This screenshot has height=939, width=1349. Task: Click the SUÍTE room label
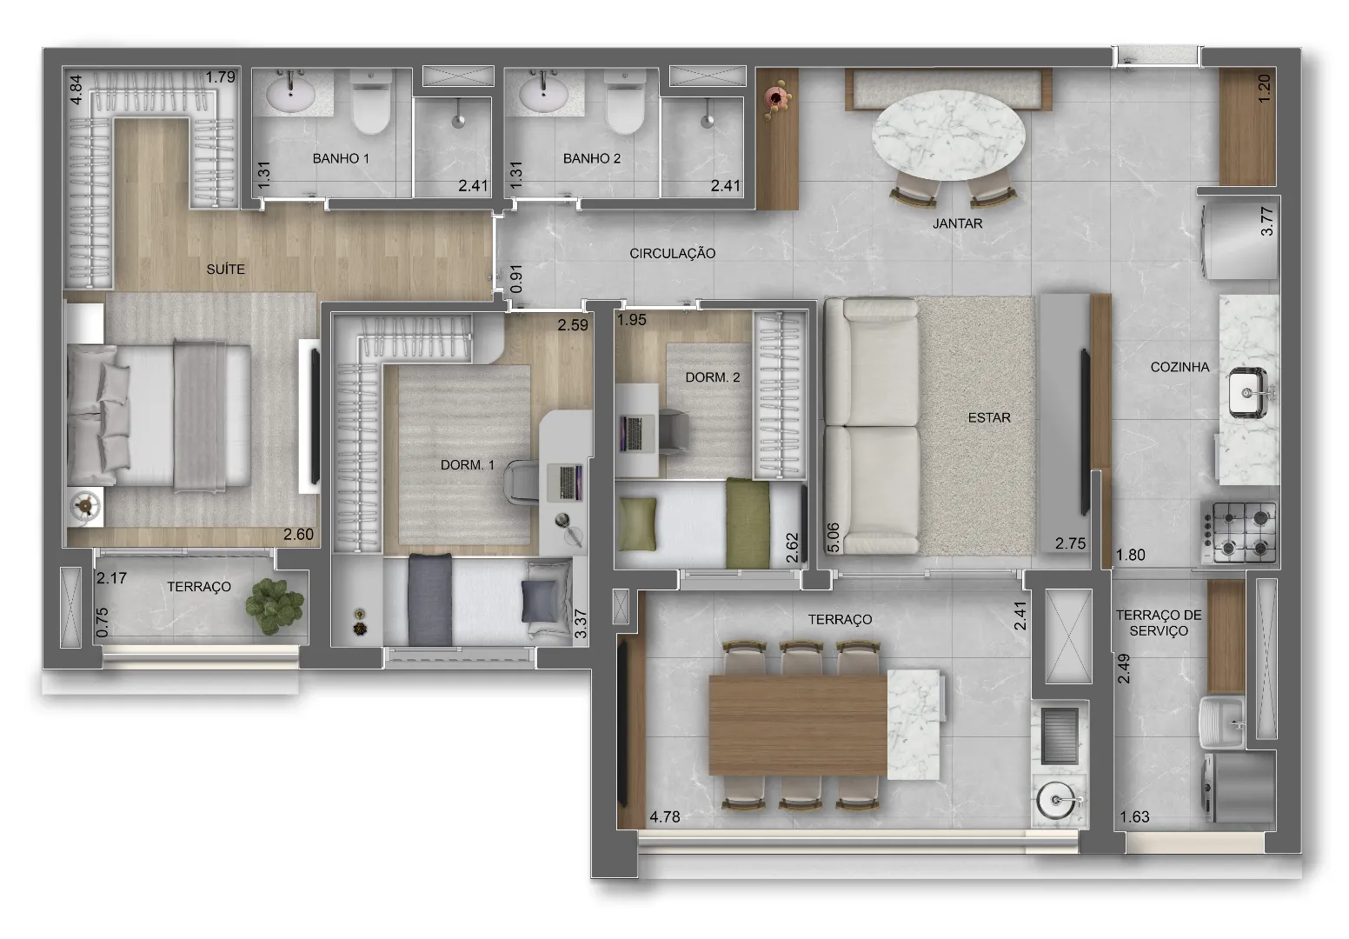pos(225,270)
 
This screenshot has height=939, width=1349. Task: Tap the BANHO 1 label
pos(340,158)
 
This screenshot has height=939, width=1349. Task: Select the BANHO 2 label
pos(591,158)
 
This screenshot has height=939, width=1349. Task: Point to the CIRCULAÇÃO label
pos(672,254)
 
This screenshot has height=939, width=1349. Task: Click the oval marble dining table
pos(948,135)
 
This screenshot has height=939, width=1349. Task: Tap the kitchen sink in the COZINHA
pos(1249,393)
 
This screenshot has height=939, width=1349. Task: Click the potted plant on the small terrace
pos(274,605)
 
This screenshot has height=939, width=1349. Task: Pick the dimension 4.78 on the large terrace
pos(665,816)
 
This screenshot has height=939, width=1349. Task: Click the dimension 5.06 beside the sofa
pos(833,537)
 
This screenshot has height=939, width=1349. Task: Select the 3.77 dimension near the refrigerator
pos(1267,221)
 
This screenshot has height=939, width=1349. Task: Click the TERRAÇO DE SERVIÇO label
pos(1159,623)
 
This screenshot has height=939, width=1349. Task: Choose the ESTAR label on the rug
pos(989,417)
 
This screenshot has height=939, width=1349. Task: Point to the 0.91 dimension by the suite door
pos(516,279)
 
